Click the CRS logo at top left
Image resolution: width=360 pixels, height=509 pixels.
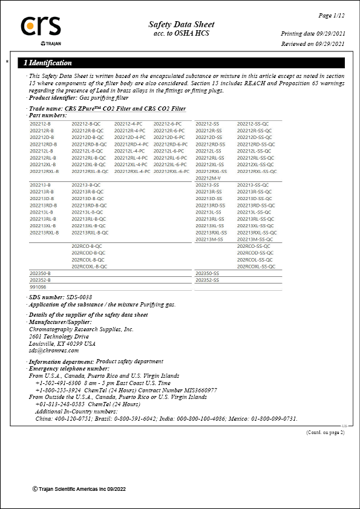click(x=41, y=25)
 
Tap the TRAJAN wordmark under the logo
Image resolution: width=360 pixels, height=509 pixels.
click(x=50, y=44)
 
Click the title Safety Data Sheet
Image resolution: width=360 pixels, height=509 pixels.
click(x=181, y=24)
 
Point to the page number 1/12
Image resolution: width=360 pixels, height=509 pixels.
click(x=332, y=14)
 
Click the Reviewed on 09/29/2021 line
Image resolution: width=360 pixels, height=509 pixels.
click(x=313, y=44)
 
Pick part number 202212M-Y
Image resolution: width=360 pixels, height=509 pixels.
click(x=208, y=178)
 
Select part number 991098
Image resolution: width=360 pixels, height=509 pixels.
click(x=38, y=287)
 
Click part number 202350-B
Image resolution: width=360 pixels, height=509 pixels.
click(x=40, y=273)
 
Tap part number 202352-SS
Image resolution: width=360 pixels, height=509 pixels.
click(x=207, y=280)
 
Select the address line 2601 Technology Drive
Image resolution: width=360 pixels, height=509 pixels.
click(x=59, y=337)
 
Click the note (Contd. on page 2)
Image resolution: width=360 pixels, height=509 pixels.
click(x=325, y=432)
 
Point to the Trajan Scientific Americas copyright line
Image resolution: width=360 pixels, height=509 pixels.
click(x=79, y=488)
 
